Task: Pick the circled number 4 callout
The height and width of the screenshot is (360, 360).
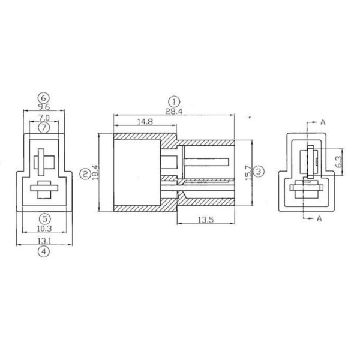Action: click(x=43, y=252)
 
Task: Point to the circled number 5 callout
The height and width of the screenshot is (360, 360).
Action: click(x=43, y=218)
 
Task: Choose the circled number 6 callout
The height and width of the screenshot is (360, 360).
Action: click(x=43, y=97)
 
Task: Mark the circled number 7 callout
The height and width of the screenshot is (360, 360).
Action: click(x=43, y=128)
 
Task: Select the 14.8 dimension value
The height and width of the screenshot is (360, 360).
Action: click(x=143, y=122)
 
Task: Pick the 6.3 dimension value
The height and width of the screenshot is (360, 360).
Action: click(x=338, y=161)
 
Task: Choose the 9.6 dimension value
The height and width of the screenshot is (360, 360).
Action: click(x=43, y=107)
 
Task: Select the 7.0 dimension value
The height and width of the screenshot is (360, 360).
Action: click(x=43, y=118)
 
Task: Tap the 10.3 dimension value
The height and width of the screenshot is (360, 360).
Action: click(x=43, y=229)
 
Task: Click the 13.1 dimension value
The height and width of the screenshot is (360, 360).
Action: click(x=43, y=241)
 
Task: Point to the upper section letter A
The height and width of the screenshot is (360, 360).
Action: click(x=322, y=122)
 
